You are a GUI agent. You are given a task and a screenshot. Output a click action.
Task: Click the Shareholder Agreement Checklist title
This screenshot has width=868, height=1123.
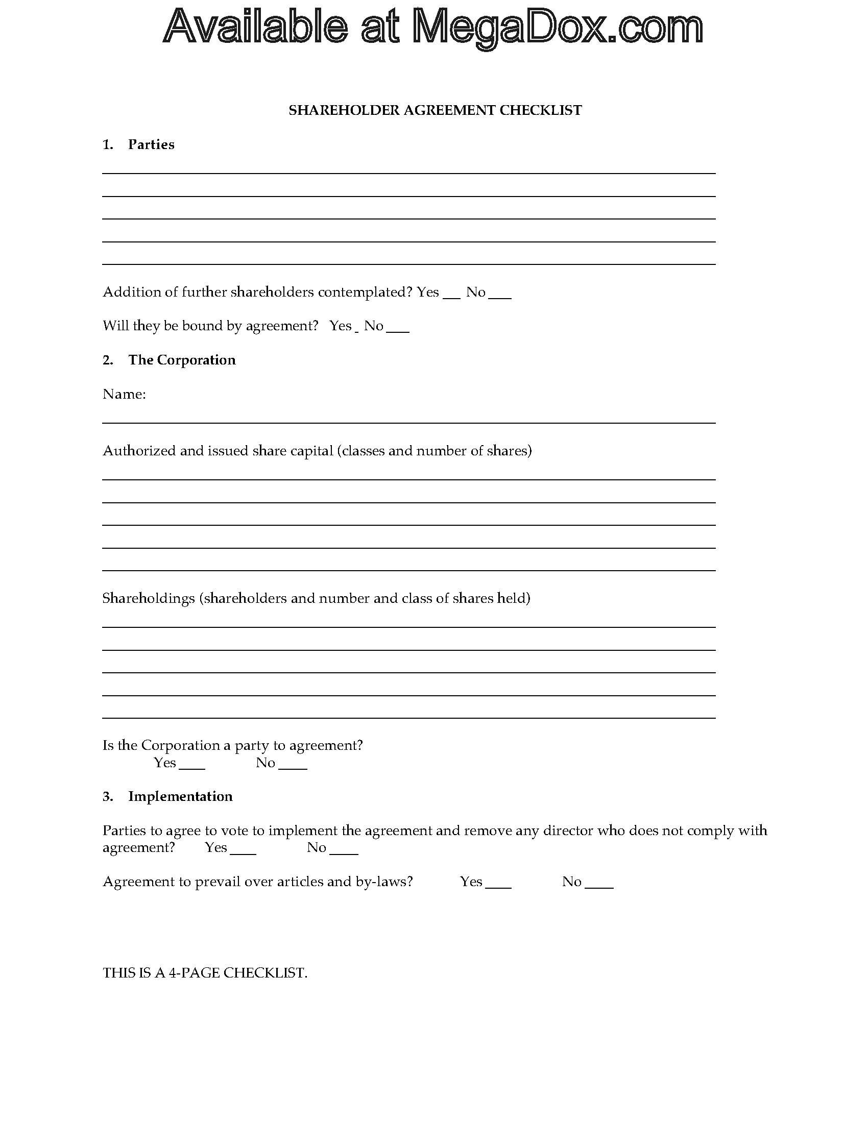435,110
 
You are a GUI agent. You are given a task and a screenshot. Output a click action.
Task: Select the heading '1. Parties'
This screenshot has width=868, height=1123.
138,144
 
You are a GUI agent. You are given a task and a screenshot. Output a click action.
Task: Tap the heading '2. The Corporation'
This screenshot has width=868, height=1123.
169,360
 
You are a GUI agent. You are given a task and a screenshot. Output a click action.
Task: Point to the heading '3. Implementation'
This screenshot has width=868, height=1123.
167,796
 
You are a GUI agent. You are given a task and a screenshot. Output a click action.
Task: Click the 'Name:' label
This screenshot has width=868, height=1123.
124,394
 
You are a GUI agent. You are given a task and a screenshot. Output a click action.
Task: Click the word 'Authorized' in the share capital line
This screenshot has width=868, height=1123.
132,451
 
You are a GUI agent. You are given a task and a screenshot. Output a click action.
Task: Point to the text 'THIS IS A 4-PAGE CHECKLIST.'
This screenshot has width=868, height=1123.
205,973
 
